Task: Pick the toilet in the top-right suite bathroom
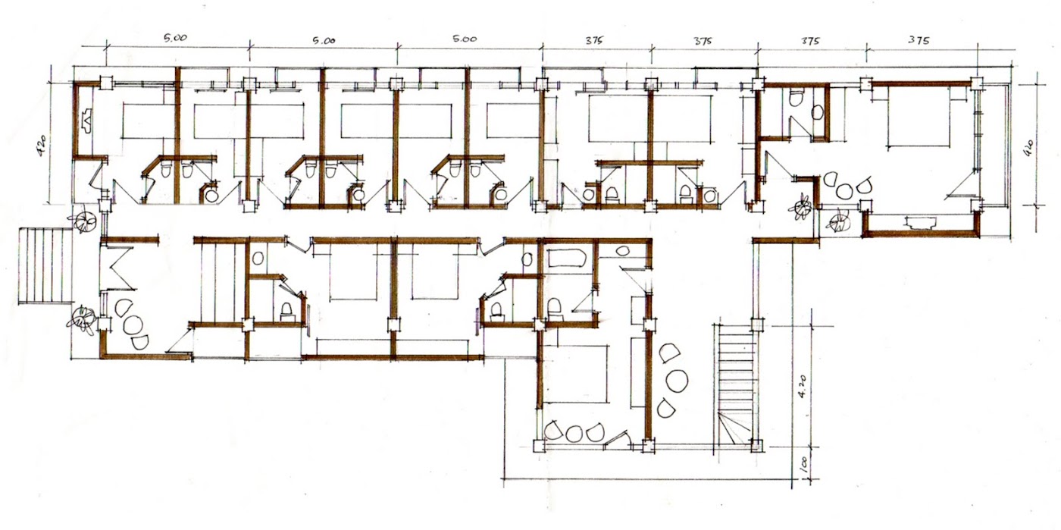tap(795, 98)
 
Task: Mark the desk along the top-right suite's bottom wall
tap(921, 221)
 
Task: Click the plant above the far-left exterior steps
tap(83, 221)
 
